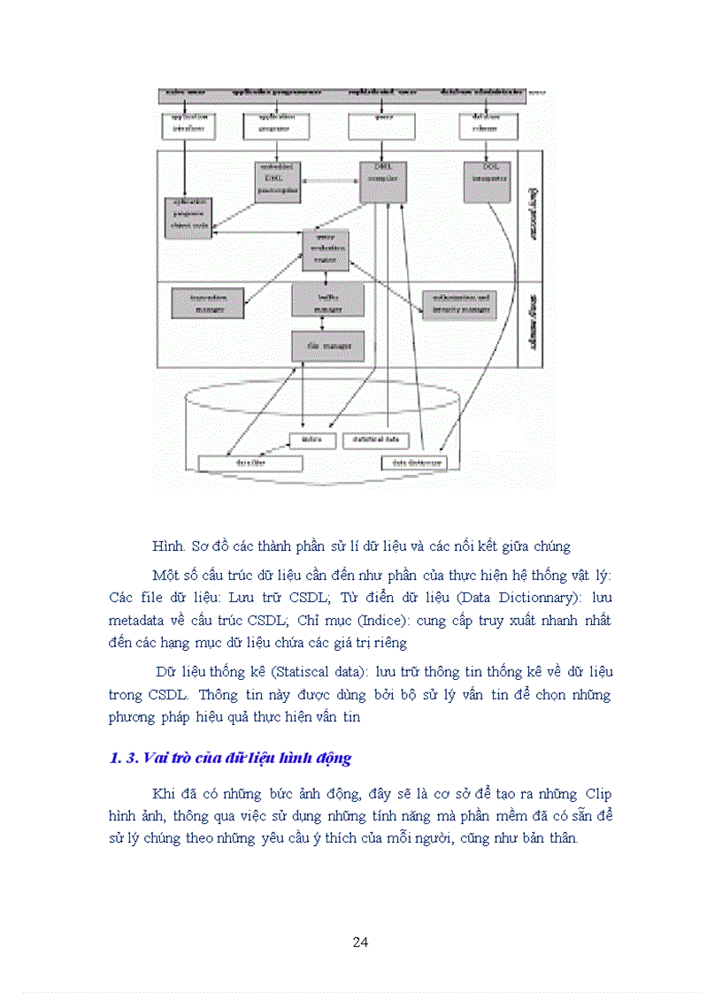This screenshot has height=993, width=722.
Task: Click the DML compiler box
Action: (382, 181)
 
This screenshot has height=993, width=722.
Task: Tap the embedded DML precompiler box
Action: (279, 180)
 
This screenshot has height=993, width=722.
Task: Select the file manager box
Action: (327, 345)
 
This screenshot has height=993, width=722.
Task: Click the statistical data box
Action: (376, 439)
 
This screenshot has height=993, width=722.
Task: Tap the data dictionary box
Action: (414, 462)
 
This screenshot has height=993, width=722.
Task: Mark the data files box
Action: (250, 462)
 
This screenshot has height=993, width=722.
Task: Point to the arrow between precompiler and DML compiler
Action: (330, 181)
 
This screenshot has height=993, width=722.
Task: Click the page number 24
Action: (360, 943)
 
